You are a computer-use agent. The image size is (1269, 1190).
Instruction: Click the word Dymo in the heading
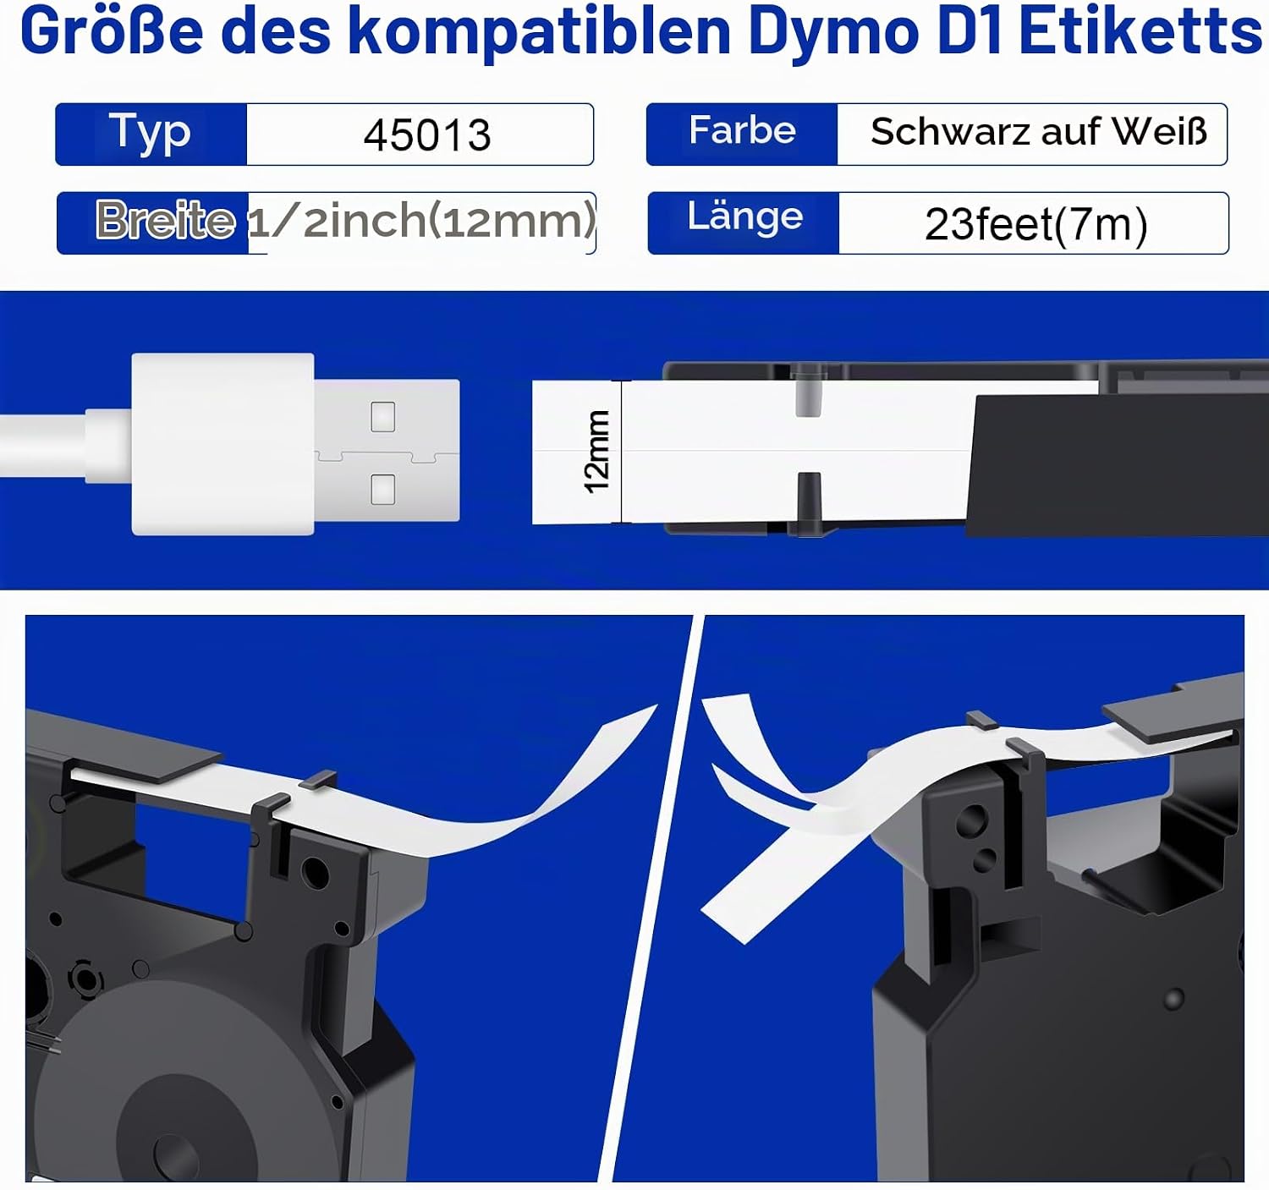click(x=833, y=33)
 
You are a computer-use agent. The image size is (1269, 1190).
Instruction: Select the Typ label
click(x=150, y=133)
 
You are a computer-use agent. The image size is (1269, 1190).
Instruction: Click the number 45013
click(x=427, y=134)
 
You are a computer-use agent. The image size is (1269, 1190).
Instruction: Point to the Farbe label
click(x=743, y=130)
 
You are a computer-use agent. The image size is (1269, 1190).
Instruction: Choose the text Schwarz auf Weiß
click(x=1039, y=132)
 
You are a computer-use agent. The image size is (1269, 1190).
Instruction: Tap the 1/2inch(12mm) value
click(x=421, y=221)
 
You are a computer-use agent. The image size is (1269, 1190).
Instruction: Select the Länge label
click(x=745, y=217)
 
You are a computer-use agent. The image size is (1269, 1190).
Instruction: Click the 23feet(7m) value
click(x=1036, y=224)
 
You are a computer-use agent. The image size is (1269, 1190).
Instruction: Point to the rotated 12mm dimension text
click(x=596, y=452)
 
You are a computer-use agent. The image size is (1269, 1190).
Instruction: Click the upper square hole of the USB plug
click(x=382, y=417)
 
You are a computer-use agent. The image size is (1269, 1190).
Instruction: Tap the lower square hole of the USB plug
click(x=382, y=489)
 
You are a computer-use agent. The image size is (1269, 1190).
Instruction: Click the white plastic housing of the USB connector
click(x=222, y=444)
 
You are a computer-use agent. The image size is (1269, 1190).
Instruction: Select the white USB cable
click(x=64, y=446)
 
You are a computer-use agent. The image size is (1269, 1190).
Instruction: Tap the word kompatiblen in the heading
click(x=540, y=33)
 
